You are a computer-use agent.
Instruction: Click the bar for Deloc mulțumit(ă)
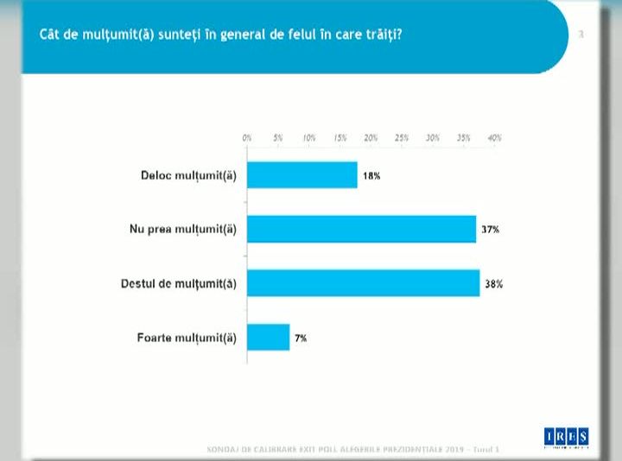click(302, 175)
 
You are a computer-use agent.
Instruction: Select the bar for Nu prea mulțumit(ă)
click(361, 229)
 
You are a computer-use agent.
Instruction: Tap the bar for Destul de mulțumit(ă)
click(363, 283)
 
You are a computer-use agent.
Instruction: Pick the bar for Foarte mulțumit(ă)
click(268, 337)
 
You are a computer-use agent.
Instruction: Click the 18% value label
click(371, 175)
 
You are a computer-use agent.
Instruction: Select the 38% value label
click(494, 283)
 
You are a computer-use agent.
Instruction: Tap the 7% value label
click(301, 338)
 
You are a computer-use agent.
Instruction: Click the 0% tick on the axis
click(247, 138)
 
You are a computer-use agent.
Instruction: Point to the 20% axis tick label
click(371, 138)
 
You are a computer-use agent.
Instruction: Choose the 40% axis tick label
click(495, 138)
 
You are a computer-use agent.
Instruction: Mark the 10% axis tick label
click(308, 138)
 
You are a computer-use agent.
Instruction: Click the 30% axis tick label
click(433, 138)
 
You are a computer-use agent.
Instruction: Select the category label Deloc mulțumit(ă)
click(188, 175)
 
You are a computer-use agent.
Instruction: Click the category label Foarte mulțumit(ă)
click(187, 338)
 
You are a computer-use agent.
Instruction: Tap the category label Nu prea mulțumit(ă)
click(182, 229)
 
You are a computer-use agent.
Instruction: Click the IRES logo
click(567, 436)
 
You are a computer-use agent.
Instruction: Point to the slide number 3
click(581, 35)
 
